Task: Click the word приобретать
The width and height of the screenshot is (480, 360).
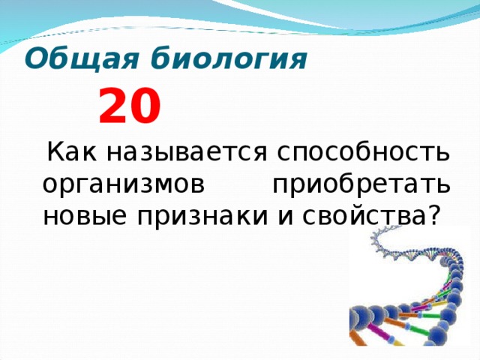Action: tap(361, 184)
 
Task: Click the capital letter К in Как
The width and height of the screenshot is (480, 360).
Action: tap(55, 153)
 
